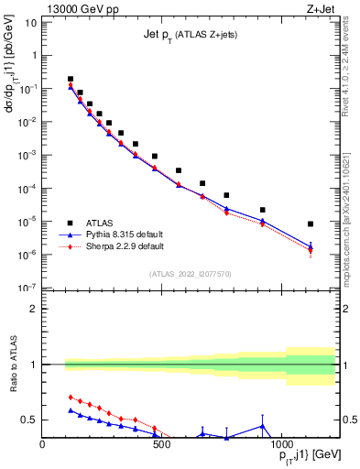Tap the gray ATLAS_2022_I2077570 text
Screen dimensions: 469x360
(x=190, y=274)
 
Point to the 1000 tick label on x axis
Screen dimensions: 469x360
(x=278, y=444)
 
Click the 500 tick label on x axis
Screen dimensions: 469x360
(x=161, y=444)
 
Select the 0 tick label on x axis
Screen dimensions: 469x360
(x=43, y=444)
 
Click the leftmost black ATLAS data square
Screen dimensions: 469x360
(x=71, y=79)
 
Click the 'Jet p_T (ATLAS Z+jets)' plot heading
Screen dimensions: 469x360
(x=190, y=35)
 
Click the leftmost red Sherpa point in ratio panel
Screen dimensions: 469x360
(x=71, y=397)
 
